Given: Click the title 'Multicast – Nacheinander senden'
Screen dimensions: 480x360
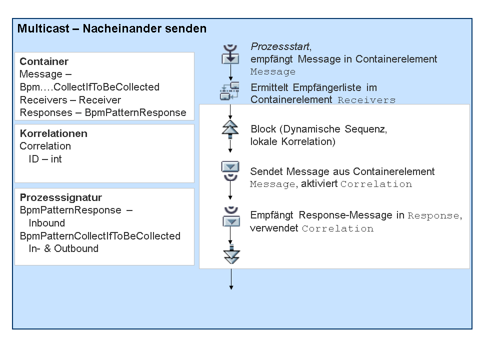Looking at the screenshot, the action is click(x=111, y=28).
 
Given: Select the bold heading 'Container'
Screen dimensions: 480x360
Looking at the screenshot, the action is click(x=44, y=61).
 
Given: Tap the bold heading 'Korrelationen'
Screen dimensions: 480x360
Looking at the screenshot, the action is click(x=53, y=133).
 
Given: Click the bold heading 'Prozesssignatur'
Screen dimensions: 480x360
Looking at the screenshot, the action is click(x=60, y=197).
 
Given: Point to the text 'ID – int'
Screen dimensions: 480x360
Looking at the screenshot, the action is click(x=45, y=159).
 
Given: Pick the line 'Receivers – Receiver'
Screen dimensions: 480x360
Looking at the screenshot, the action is click(x=70, y=100).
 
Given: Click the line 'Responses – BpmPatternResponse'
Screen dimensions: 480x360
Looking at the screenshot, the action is click(x=103, y=112).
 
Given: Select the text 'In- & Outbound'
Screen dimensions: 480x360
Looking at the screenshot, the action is click(x=63, y=248).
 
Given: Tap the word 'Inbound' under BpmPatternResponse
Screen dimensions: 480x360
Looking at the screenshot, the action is click(x=46, y=223).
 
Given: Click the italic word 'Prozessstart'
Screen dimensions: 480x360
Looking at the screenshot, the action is click(x=280, y=46).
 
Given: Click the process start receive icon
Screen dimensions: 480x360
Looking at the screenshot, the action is click(x=230, y=54).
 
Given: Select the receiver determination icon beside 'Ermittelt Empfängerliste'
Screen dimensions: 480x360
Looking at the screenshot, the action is click(x=229, y=91).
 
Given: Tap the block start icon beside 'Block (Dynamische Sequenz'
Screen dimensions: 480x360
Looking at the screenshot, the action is click(x=230, y=129).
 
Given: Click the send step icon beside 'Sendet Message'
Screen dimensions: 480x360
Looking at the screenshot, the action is click(x=230, y=171).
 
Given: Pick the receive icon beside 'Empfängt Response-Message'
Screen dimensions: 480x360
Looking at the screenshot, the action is click(x=231, y=216).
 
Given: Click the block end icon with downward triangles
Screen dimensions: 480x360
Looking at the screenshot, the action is click(x=231, y=254).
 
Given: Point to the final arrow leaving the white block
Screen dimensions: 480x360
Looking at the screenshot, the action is click(x=231, y=279).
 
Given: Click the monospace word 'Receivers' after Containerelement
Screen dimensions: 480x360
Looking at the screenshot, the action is click(x=366, y=100).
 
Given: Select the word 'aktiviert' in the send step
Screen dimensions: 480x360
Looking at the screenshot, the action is click(x=319, y=183).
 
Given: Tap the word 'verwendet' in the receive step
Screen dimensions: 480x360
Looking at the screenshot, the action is click(x=274, y=228).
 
